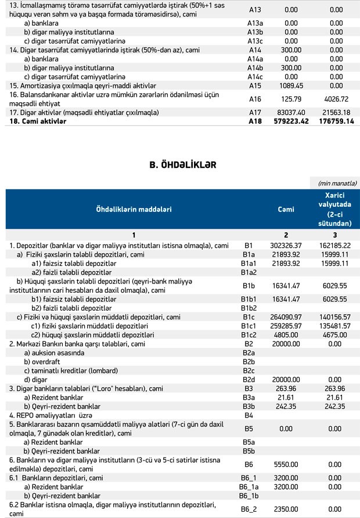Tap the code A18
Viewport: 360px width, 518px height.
click(255, 122)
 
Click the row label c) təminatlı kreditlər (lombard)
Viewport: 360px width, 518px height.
click(67, 370)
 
